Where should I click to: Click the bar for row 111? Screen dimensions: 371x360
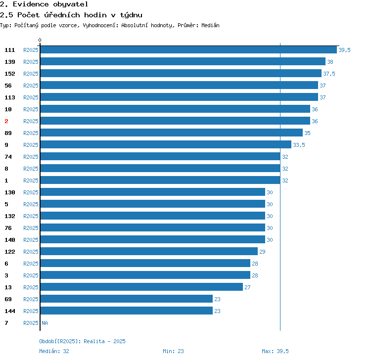[x=188, y=49]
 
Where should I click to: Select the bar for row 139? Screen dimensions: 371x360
[x=183, y=61]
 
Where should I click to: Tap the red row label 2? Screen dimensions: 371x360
[x=6, y=121]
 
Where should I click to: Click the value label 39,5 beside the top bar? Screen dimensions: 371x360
[x=344, y=50]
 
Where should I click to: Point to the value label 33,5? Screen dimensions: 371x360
[x=299, y=145]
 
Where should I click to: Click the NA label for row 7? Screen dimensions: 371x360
[x=45, y=323]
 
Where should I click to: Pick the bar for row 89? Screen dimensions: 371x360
[x=172, y=133]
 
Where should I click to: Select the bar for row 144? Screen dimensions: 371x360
[x=127, y=311]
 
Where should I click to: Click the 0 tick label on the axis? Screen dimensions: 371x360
[x=40, y=40]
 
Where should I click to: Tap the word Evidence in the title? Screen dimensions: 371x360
[x=31, y=4]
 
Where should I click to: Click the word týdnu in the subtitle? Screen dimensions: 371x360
[x=131, y=15]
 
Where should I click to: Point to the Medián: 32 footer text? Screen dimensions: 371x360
[x=54, y=351]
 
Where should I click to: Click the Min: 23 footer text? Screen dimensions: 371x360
[x=173, y=351]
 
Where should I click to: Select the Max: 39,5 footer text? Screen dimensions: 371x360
[x=275, y=351]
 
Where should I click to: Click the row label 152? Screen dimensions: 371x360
[x=10, y=74]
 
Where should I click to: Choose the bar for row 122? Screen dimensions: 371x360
[x=149, y=251]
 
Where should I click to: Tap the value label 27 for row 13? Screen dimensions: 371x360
[x=247, y=287]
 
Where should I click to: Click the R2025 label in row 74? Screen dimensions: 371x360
[x=31, y=157]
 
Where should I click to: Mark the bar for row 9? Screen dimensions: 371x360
[x=166, y=144]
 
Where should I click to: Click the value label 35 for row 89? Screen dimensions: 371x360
[x=307, y=133]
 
